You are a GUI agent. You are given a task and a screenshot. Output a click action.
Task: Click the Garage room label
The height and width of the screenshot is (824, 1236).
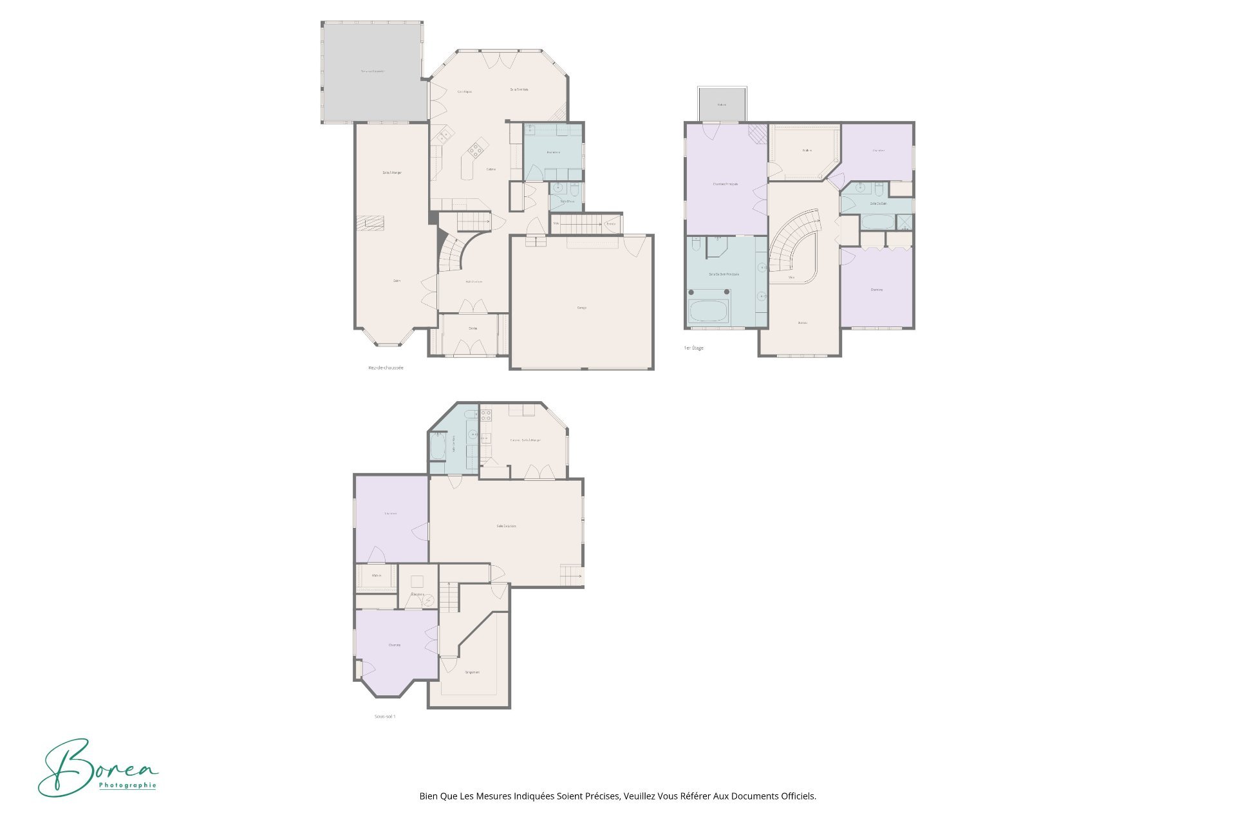(581, 308)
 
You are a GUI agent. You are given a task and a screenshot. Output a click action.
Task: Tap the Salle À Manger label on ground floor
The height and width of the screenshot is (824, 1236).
(391, 173)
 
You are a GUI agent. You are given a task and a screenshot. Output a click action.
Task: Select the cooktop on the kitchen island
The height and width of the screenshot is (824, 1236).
(475, 151)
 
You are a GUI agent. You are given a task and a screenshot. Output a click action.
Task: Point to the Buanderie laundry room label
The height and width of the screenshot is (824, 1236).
(553, 153)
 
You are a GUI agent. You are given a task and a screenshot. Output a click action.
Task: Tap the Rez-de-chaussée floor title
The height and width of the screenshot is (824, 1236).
(386, 368)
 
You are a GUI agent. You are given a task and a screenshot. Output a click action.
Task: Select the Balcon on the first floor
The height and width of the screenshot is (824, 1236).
(722, 105)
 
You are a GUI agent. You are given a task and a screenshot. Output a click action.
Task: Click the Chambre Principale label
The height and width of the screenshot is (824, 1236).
(726, 184)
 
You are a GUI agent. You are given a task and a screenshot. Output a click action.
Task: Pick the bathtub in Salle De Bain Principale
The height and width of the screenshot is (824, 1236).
(708, 312)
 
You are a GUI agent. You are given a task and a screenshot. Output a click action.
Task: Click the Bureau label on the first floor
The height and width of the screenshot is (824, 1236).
(802, 323)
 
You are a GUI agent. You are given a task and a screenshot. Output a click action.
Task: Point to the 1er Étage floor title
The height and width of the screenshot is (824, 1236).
(693, 348)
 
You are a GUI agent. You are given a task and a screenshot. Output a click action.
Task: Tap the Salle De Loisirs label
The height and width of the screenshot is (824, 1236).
(506, 526)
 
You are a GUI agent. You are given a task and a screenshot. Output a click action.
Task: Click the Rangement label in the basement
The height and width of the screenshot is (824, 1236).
(472, 672)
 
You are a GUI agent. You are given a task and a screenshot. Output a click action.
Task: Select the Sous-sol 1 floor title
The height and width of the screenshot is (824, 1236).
(385, 716)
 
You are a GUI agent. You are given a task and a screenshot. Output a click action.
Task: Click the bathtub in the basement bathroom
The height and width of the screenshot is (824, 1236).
(438, 446)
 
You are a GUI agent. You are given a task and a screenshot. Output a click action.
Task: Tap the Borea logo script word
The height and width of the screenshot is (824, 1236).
(97, 766)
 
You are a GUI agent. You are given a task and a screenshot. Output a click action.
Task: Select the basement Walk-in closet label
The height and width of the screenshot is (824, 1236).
(377, 576)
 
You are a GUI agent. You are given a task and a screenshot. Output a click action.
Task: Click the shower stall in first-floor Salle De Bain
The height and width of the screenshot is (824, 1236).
(904, 222)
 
